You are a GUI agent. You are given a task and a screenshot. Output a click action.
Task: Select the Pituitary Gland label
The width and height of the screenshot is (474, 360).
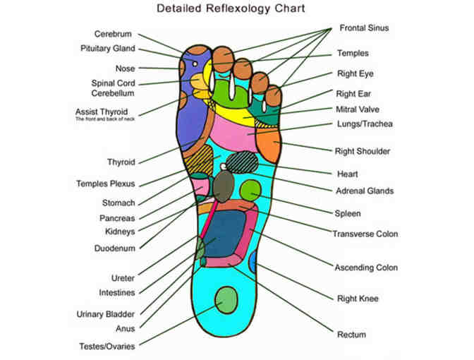coord(107,49)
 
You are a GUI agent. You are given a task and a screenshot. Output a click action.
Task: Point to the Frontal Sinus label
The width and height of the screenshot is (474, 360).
coord(363,29)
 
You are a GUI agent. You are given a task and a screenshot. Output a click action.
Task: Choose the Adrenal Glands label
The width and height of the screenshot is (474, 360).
coord(365,191)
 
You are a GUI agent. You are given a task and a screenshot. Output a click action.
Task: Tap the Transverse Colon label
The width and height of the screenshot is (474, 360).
coord(365,234)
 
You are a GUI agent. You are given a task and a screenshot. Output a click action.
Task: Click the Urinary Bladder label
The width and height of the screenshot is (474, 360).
coord(106,314)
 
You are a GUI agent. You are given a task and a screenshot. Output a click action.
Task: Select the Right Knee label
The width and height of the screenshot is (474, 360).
coord(358,299)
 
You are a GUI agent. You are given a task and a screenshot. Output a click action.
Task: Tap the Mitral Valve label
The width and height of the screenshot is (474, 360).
coord(360,109)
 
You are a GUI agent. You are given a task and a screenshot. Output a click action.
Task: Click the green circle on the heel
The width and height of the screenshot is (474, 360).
coord(227,301)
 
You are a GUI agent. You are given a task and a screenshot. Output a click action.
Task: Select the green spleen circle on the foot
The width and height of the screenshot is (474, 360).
coord(250,190)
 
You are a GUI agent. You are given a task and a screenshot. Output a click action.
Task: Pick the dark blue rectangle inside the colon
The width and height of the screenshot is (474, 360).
coord(226,233)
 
